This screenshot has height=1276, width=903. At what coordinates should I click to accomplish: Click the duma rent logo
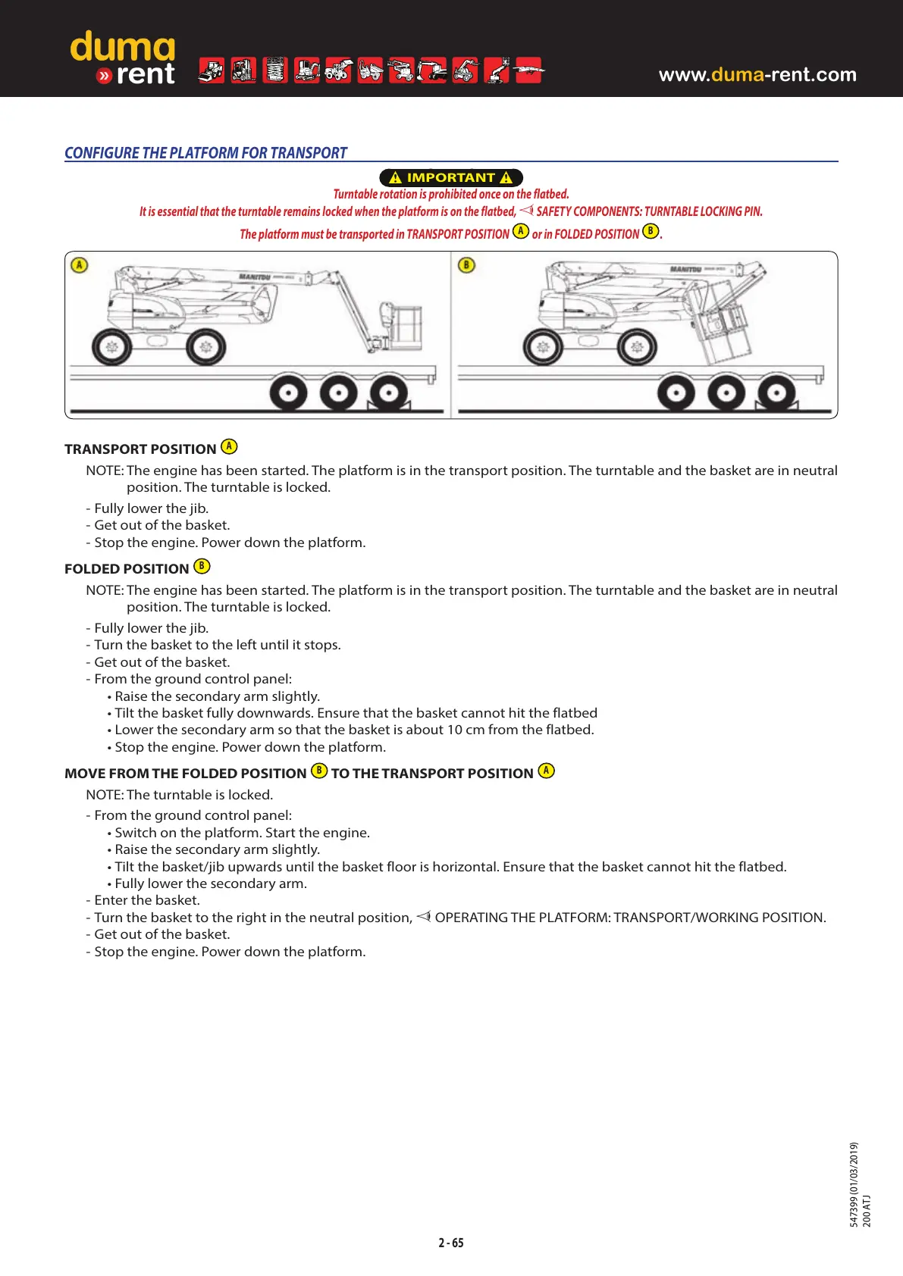click(x=123, y=58)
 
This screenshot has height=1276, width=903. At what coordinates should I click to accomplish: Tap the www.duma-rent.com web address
click(x=757, y=74)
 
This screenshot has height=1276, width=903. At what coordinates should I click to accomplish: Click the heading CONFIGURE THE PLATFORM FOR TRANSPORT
click(x=205, y=153)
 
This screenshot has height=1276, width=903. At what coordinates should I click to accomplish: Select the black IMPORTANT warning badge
click(x=451, y=177)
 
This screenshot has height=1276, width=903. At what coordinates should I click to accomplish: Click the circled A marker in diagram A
click(x=80, y=265)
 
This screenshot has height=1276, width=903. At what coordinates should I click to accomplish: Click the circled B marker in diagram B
click(x=466, y=265)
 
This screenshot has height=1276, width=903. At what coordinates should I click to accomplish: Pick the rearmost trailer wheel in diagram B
click(x=776, y=393)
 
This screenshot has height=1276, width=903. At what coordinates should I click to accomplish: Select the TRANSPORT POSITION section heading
click(x=140, y=449)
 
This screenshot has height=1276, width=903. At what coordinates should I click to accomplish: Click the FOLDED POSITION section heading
click(x=127, y=569)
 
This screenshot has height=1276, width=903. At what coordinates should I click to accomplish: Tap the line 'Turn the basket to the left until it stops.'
click(x=217, y=645)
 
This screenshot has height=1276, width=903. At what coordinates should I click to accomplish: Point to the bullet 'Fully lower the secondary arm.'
click(x=210, y=884)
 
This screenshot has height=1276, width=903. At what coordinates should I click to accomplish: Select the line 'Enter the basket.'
click(x=146, y=900)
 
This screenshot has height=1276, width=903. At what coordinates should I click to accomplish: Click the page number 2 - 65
click(x=451, y=1243)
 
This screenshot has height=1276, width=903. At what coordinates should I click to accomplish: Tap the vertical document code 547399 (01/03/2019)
click(x=854, y=1184)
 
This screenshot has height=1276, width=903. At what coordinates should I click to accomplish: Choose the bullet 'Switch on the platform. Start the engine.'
click(x=242, y=833)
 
